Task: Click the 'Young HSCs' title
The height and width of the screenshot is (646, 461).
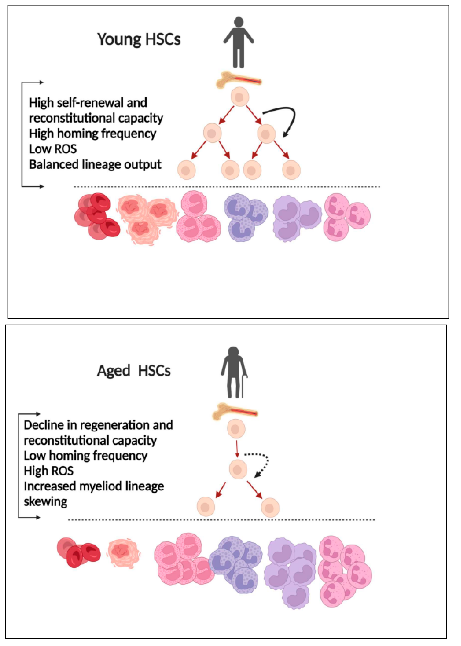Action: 139,39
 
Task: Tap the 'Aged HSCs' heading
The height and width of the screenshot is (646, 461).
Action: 134,371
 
